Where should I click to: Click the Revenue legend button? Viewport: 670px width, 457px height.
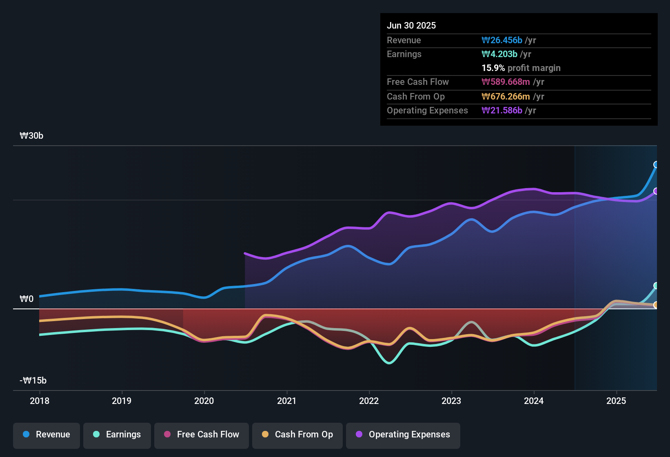pos(47,435)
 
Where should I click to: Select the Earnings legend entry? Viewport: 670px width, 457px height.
pos(117,435)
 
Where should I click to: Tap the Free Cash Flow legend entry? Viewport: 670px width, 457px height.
pos(202,435)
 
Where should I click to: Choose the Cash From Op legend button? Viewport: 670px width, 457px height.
pos(297,435)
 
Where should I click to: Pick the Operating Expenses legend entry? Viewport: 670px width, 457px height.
pos(403,435)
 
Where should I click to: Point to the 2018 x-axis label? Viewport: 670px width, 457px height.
pos(40,401)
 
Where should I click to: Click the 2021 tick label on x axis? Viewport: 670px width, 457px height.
pos(286,401)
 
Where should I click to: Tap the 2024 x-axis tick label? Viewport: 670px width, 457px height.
pos(534,401)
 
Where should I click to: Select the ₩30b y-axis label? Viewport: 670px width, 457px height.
pos(31,135)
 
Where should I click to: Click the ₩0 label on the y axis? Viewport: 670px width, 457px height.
pos(27,299)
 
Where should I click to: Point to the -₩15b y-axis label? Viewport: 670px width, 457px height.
pos(33,380)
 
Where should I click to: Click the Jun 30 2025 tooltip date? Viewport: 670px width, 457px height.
pos(411,25)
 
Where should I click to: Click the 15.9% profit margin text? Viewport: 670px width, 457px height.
pos(521,68)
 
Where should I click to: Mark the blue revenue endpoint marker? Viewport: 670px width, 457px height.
pos(656,164)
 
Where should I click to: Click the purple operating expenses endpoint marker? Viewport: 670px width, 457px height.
pos(656,191)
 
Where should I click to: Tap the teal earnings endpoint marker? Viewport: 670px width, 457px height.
pos(656,286)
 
